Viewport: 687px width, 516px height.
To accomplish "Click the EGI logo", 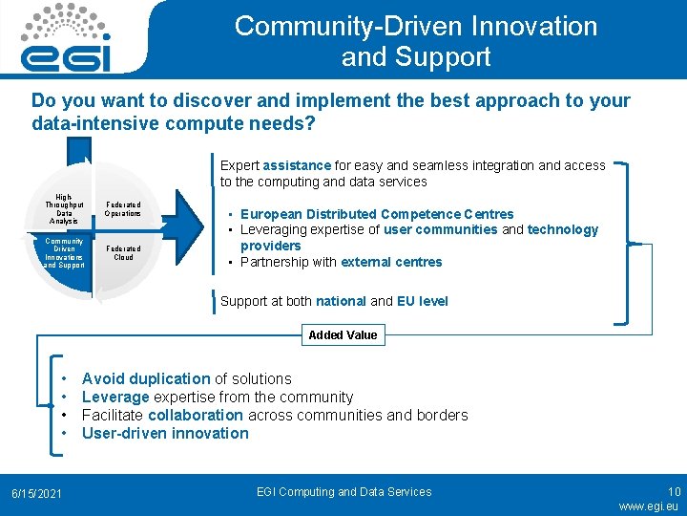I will [x=67, y=38].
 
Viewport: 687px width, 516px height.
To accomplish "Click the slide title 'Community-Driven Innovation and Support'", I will [x=416, y=41].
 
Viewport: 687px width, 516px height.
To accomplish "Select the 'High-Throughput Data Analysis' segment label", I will [x=64, y=209].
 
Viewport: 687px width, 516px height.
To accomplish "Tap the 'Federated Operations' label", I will [x=123, y=209].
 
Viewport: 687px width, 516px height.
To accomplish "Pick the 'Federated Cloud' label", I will [x=123, y=252].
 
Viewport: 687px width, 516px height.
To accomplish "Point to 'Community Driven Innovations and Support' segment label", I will [x=64, y=252].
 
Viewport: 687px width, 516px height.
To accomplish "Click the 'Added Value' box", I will [x=343, y=335].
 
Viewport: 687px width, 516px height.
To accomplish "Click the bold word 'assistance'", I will [x=297, y=165].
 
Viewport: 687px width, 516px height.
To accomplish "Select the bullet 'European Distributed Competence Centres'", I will [x=377, y=214].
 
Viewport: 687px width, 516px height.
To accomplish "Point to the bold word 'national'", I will [x=341, y=301].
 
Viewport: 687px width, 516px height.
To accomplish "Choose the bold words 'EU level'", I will [x=422, y=301].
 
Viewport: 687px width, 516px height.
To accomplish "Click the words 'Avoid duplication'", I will [x=146, y=378].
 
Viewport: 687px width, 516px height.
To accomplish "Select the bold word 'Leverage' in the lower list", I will [x=115, y=397].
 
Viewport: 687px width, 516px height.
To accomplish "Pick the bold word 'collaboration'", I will [x=196, y=415].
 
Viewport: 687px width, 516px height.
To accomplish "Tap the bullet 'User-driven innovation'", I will [x=165, y=433].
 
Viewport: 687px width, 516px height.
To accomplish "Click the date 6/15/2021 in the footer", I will [x=37, y=493].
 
